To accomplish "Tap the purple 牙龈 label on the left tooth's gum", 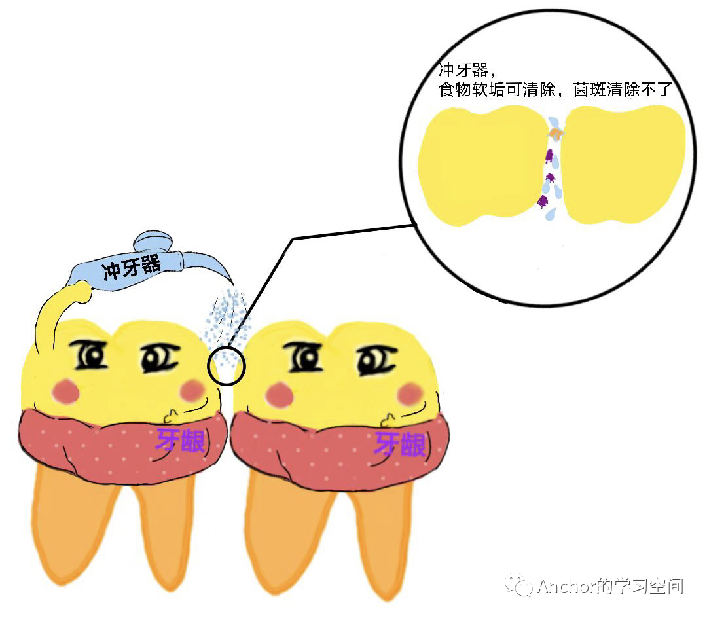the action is tap(181, 441).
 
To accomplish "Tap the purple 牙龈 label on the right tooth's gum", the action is tap(401, 444).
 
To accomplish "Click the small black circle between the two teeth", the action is tap(227, 365).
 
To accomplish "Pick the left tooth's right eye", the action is tap(159, 358).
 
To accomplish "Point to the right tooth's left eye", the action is tap(304, 356).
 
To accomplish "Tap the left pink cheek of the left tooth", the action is tap(66, 390).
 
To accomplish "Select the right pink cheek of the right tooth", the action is tap(410, 393).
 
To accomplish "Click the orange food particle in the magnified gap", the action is tap(556, 134).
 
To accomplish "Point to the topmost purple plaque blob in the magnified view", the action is tap(549, 156).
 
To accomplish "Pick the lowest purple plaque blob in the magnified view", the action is tap(543, 201).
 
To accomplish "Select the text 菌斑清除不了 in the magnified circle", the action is tap(623, 89).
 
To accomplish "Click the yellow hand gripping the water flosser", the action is tap(81, 291).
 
